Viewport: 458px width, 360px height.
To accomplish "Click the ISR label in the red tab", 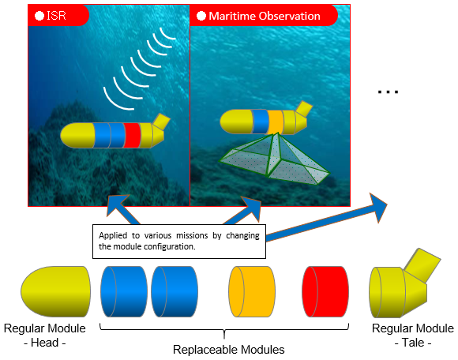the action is [56, 16].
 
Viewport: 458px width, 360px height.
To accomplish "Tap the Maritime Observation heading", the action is [265, 16].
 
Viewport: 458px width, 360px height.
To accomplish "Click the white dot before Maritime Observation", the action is [201, 16].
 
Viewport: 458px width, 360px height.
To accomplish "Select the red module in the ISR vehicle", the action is [132, 135].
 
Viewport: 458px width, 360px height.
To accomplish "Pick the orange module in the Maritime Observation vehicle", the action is [276, 122].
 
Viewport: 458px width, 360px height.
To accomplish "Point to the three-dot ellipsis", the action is [388, 92].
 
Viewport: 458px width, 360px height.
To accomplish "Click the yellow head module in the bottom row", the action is [55, 291].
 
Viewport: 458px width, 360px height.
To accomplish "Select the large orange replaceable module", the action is [252, 291].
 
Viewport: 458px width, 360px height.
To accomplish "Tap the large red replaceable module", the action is [325, 291].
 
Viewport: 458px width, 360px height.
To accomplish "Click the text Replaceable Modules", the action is [229, 350].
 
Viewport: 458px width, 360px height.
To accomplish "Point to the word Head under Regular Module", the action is [45, 343].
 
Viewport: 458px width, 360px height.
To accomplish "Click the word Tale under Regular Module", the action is [413, 343].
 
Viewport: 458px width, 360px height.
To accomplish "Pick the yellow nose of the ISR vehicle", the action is [77, 135].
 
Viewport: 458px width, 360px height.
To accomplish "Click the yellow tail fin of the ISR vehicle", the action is [161, 121].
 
